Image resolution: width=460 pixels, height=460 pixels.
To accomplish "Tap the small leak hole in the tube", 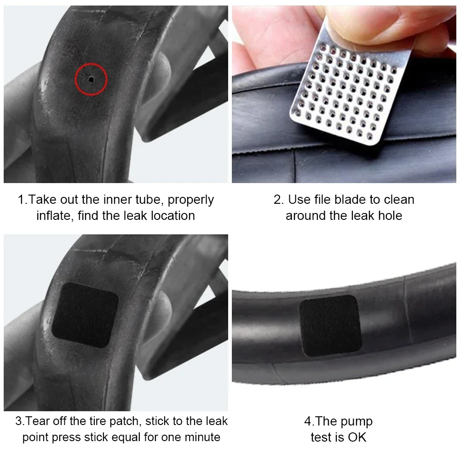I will pos(91,79).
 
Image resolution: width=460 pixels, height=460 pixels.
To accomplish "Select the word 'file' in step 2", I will pos(331,200).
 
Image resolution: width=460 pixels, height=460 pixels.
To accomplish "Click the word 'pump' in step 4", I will pos(354,421).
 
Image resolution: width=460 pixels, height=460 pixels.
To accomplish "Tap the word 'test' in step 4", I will pos(321,437).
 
